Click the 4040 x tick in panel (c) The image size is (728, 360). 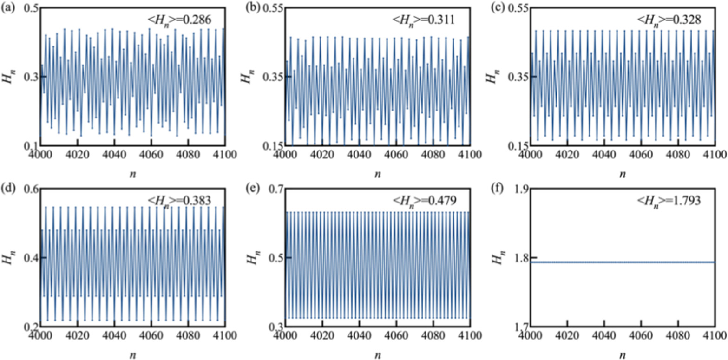pos(603,154)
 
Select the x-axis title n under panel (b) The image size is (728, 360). pos(377,174)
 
